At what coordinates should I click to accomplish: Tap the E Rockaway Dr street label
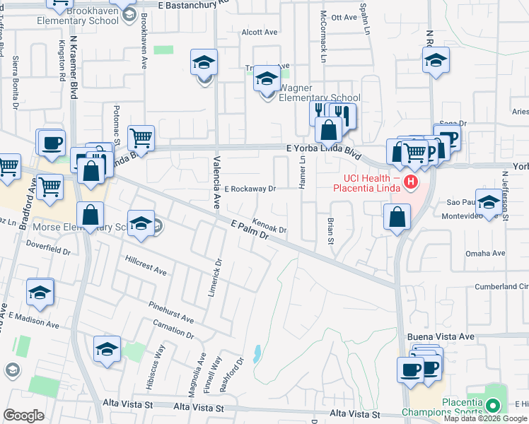[250, 189]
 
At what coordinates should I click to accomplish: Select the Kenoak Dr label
[269, 225]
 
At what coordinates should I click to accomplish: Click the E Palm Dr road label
[251, 231]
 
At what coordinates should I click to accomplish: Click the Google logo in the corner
[23, 415]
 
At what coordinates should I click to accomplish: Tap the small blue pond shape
[257, 353]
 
